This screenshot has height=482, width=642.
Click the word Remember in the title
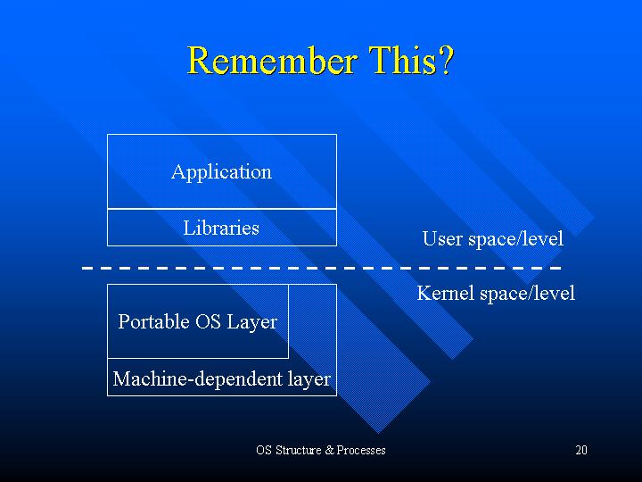[272, 61]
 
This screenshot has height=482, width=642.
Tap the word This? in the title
[411, 61]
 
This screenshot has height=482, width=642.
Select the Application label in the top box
[221, 172]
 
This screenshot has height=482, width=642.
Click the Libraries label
[221, 228]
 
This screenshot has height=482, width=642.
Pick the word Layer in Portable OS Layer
[251, 322]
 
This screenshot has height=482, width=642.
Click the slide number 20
[581, 450]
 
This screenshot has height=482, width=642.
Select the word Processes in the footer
[361, 450]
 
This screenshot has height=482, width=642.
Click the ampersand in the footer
[330, 450]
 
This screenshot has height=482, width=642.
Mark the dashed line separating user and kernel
[321, 268]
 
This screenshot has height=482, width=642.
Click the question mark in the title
[448, 61]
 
